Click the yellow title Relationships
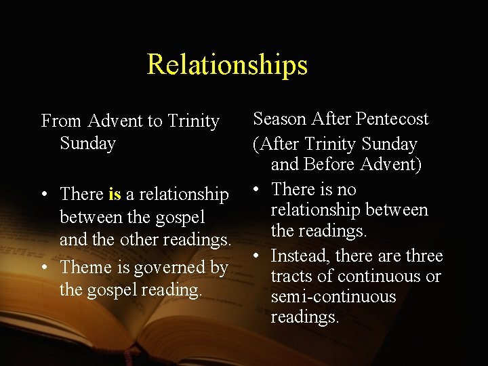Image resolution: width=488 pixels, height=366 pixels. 227,64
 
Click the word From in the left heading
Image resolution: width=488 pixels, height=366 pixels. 62,121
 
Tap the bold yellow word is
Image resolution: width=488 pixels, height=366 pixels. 115,195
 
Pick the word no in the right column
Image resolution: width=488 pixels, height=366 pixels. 346,190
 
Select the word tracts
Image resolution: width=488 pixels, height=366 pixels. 293,277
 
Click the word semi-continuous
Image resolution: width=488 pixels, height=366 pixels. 333,297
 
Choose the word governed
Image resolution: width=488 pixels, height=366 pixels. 171,268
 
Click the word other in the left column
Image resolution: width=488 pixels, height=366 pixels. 135,240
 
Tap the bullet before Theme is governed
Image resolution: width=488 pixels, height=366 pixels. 43,268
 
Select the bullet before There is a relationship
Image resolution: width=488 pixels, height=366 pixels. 43,195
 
